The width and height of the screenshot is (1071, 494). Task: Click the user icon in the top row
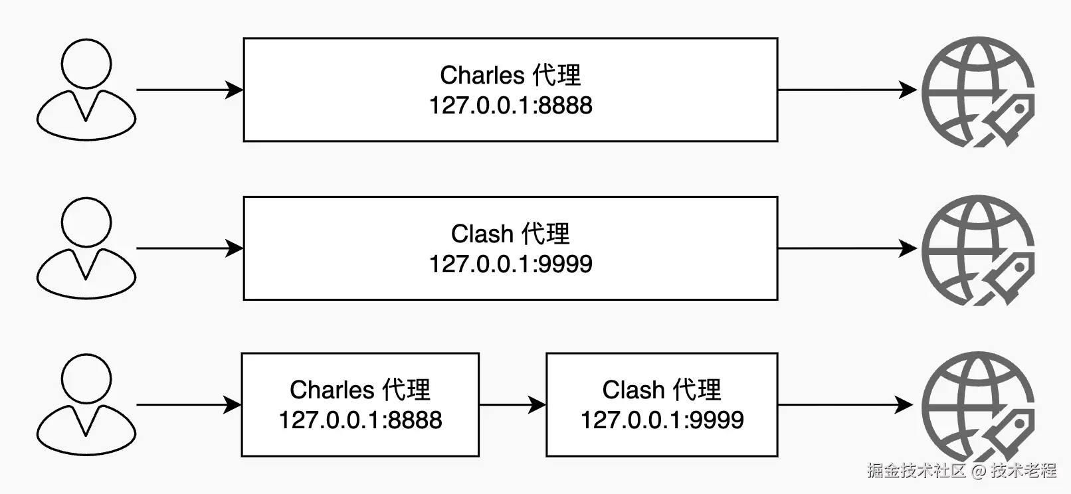tap(86, 90)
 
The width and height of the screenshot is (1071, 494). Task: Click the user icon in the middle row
tap(86, 248)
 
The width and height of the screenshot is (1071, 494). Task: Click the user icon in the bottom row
tap(86, 404)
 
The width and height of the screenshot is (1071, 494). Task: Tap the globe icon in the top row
tap(977, 91)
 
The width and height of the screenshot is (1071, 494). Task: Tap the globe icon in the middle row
tap(977, 250)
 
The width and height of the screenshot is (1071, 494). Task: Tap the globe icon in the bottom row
tap(977, 406)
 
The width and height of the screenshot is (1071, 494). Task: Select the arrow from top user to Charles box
tap(189, 90)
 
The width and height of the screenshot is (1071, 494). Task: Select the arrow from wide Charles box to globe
tap(847, 90)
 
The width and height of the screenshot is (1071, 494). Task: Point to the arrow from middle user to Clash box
tap(189, 248)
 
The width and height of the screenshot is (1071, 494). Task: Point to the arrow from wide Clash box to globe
tap(847, 248)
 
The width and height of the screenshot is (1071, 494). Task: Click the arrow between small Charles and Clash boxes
tap(512, 404)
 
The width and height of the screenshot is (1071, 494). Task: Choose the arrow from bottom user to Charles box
tap(189, 404)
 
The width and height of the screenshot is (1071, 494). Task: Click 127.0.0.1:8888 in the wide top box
tap(510, 106)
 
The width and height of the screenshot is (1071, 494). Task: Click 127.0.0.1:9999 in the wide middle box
tap(510, 264)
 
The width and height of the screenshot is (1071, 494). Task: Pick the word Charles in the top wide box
tap(482, 75)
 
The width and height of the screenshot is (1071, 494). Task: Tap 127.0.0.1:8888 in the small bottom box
tap(360, 420)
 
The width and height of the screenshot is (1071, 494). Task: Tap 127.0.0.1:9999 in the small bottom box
tap(662, 420)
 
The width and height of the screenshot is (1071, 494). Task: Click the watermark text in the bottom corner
tap(961, 471)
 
